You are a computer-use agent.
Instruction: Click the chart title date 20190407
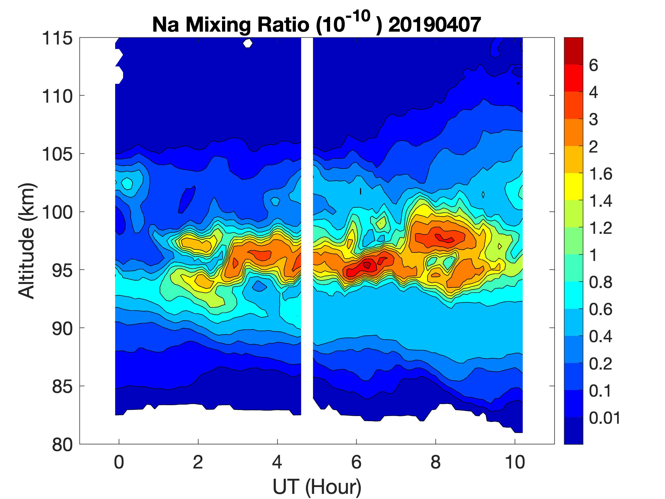(x=434, y=25)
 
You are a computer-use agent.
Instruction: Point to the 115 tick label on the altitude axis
(x=57, y=38)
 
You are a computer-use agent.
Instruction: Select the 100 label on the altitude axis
(x=57, y=212)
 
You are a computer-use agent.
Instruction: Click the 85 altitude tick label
(x=62, y=386)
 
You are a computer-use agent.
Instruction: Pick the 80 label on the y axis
(x=62, y=445)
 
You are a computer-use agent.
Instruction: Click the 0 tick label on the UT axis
(x=119, y=462)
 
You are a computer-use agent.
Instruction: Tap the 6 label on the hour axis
(x=356, y=462)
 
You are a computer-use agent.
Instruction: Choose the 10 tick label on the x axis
(x=515, y=462)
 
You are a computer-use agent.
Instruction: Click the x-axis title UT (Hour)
(x=317, y=487)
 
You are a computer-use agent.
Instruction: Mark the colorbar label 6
(x=593, y=65)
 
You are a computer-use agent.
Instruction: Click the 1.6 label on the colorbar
(x=600, y=174)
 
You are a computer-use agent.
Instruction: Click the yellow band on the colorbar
(x=573, y=186)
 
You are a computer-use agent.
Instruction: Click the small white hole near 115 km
(x=247, y=44)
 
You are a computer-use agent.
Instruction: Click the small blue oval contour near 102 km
(x=186, y=200)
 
